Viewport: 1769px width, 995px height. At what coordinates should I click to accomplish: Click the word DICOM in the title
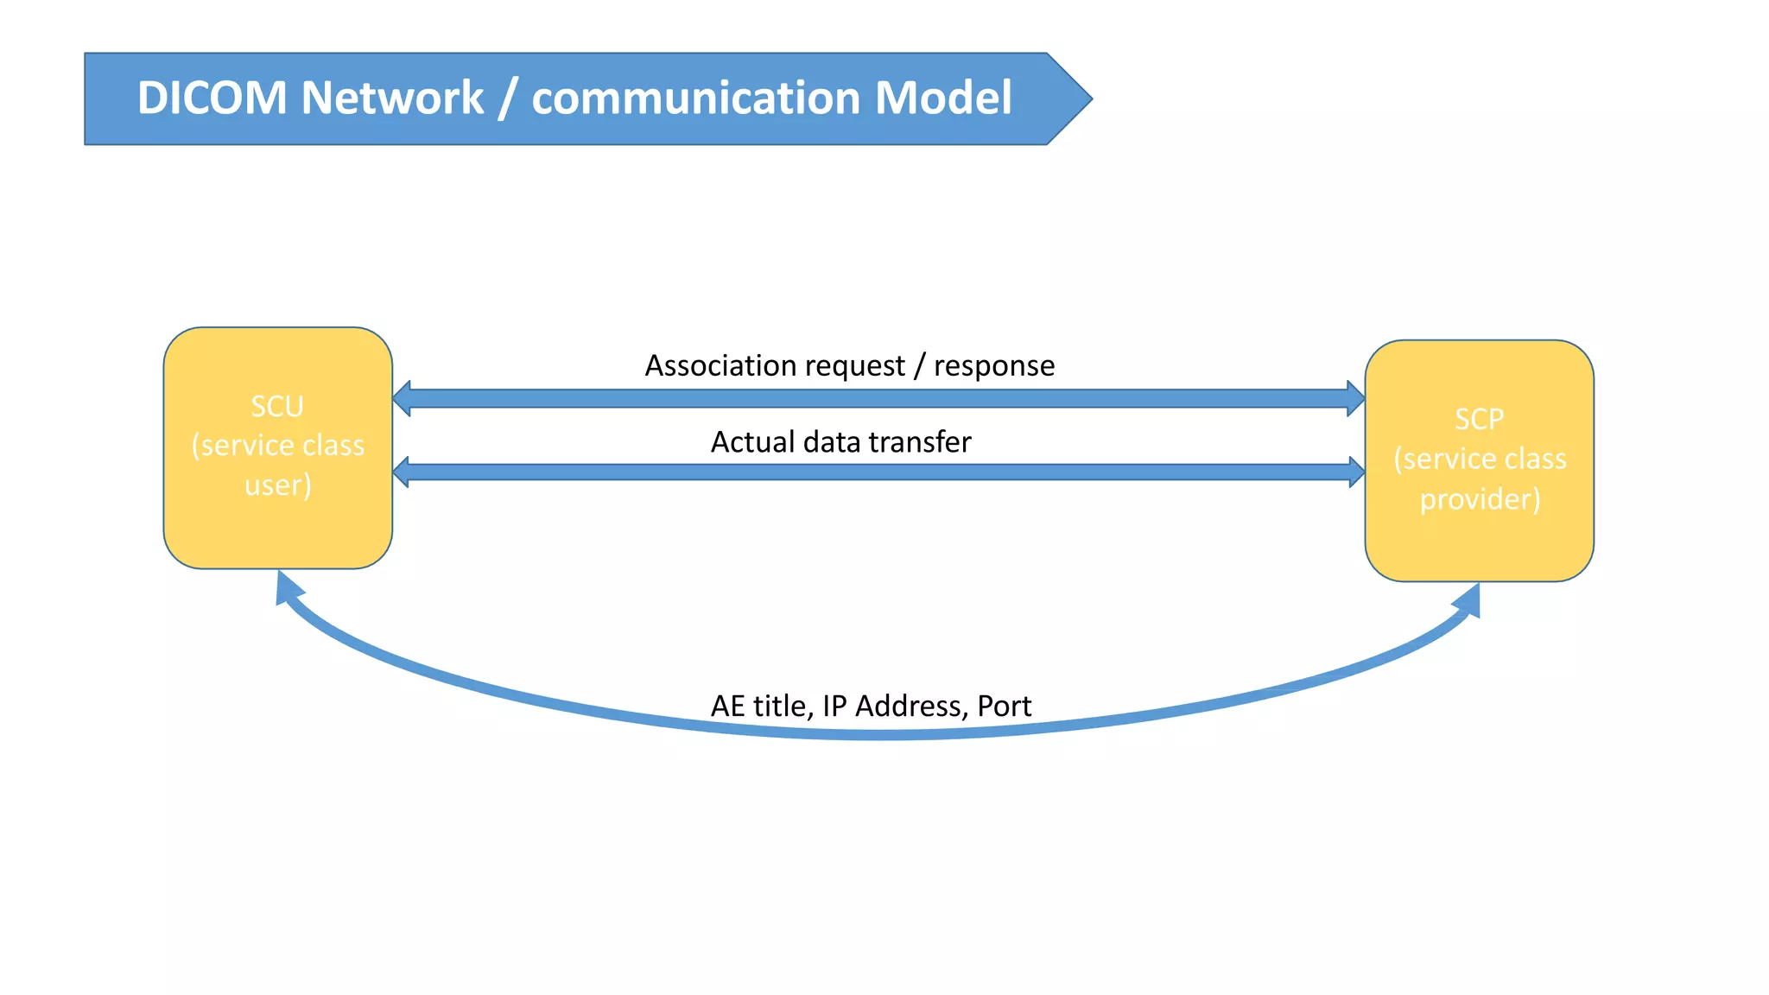click(x=212, y=98)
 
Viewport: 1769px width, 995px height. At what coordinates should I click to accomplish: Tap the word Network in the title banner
click(x=392, y=98)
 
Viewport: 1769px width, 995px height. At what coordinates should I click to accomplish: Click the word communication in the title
click(x=696, y=98)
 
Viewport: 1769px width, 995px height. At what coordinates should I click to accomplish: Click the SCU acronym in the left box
click(x=277, y=406)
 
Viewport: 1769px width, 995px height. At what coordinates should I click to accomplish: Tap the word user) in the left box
click(x=277, y=485)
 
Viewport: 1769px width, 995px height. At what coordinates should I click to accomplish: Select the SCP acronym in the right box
click(x=1479, y=419)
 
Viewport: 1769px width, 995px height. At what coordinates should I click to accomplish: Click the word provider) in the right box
click(x=1480, y=499)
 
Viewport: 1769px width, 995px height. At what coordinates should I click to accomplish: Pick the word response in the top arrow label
click(x=994, y=366)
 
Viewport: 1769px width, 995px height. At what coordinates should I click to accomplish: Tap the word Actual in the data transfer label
click(x=752, y=442)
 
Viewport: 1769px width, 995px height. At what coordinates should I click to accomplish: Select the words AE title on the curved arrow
click(x=758, y=707)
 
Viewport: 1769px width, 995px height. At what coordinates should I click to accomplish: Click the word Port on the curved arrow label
click(x=1004, y=707)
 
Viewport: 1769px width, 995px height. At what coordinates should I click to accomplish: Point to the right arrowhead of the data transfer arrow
click(x=1356, y=472)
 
